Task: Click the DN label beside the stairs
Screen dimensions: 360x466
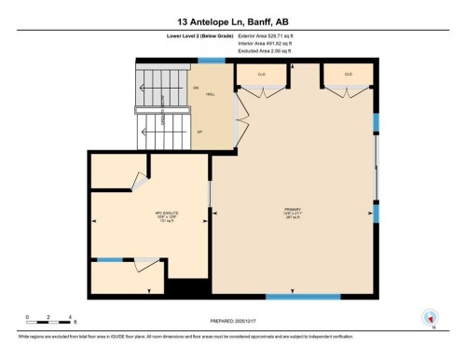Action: point(196,88)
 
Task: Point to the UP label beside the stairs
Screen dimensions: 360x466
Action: point(199,132)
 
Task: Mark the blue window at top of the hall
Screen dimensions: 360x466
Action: point(212,61)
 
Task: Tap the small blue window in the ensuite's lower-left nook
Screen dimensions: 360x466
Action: point(110,259)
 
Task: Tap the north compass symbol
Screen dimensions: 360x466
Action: point(432,317)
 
